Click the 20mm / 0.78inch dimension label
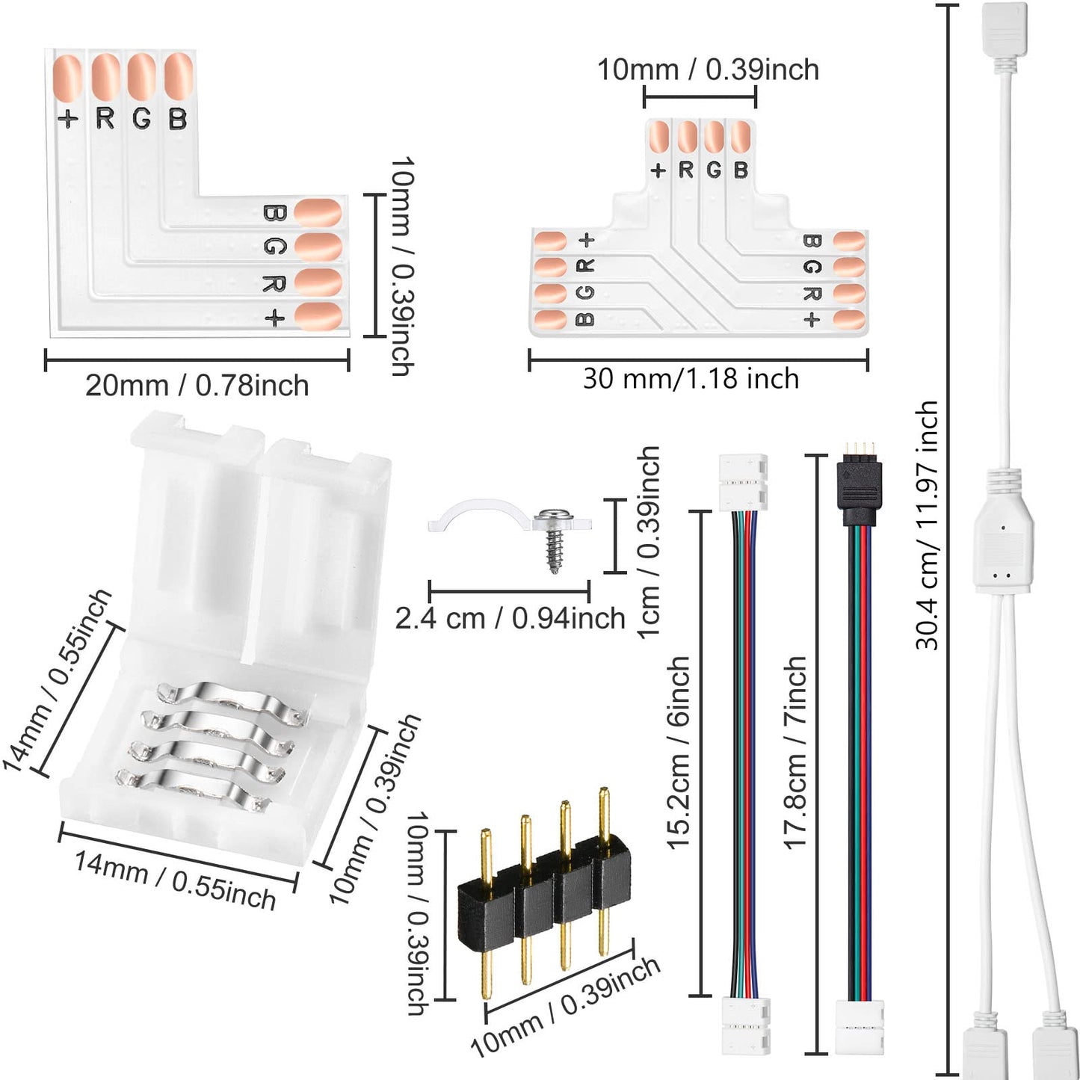click(x=197, y=386)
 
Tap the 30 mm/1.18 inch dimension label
click(x=691, y=378)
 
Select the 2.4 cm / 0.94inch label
click(x=510, y=619)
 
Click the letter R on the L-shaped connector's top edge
click(x=105, y=118)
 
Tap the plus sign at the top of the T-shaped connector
click(x=658, y=170)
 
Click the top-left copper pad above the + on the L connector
click(x=68, y=78)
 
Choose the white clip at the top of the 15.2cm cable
click(x=743, y=482)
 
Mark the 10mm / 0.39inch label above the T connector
click(x=707, y=70)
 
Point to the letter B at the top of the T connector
click(x=740, y=170)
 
